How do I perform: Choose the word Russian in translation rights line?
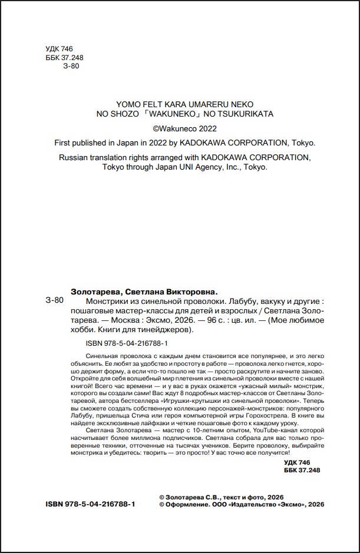(x=75, y=157)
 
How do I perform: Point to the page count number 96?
(x=204, y=320)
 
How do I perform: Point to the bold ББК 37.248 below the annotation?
(x=301, y=470)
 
